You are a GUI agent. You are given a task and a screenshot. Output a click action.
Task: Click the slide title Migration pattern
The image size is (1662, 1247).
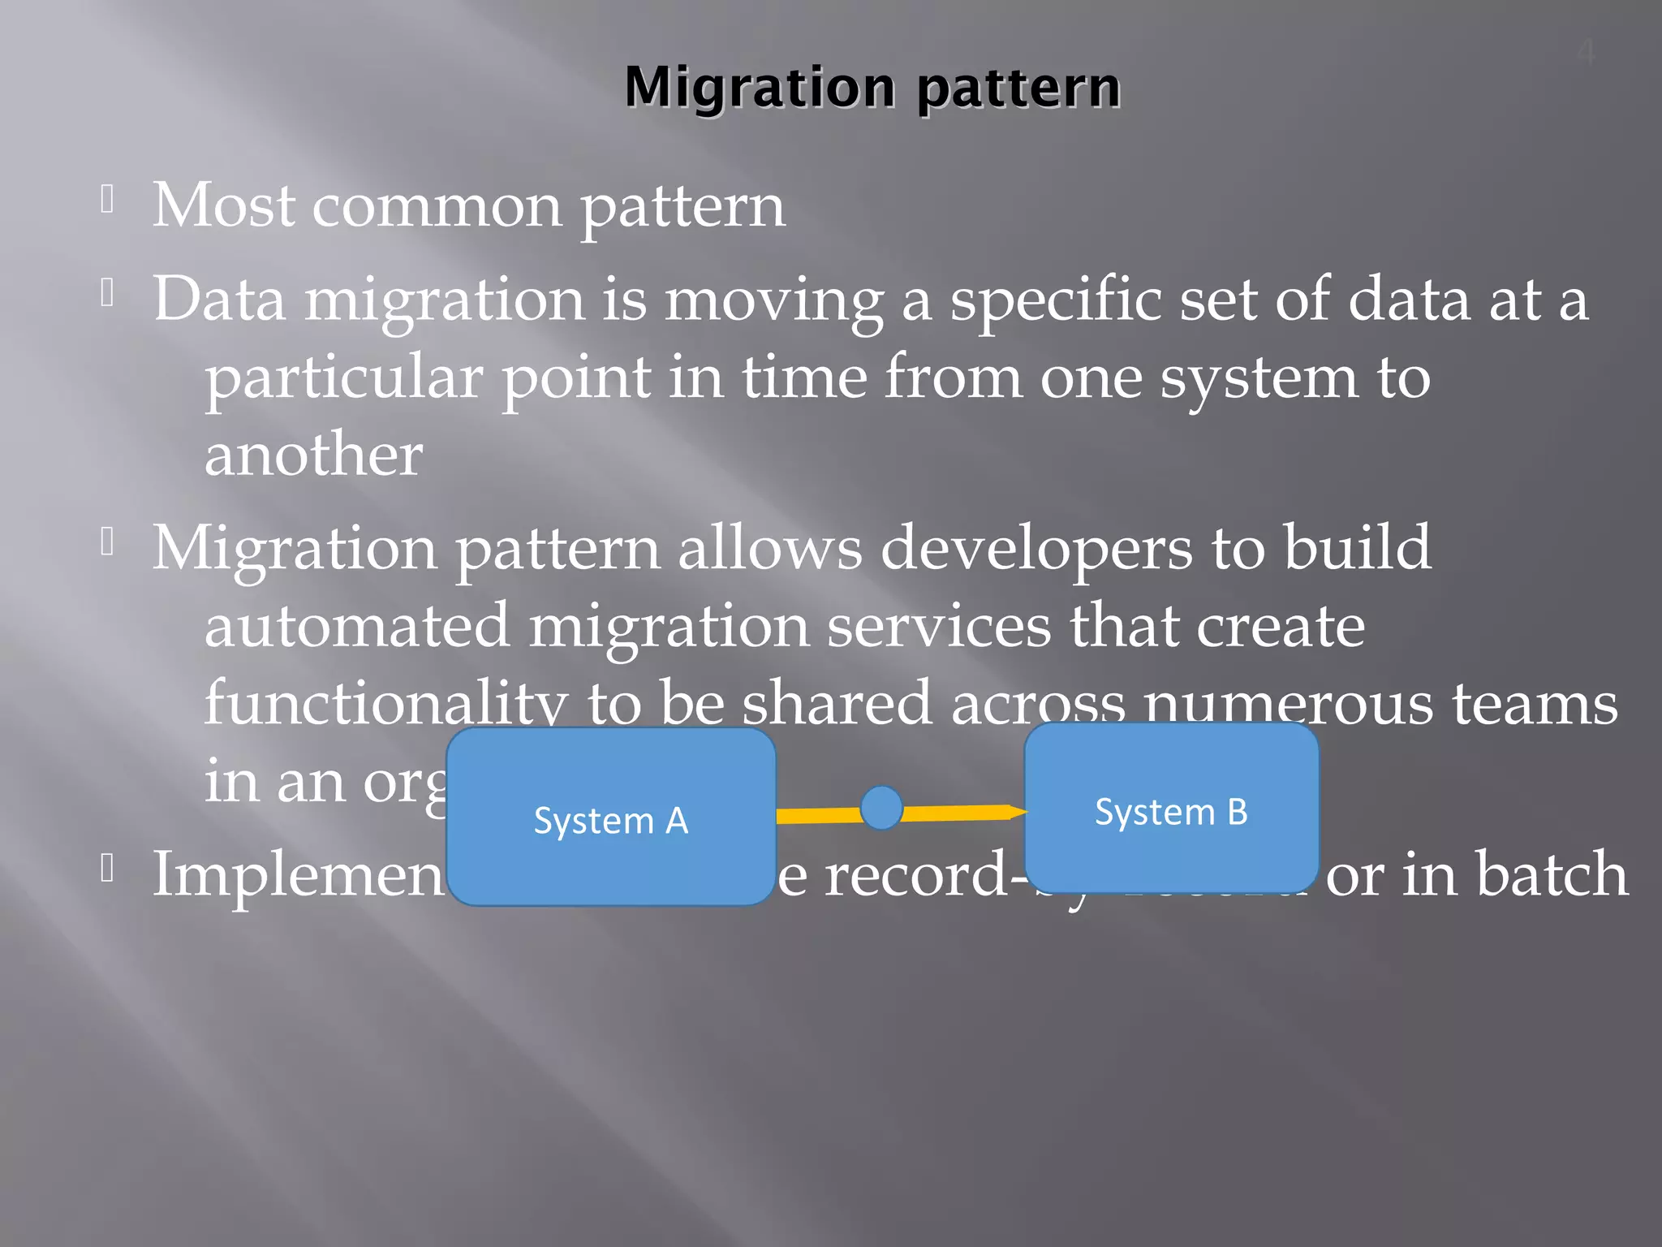point(872,87)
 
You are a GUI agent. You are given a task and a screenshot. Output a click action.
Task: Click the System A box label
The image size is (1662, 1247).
point(610,821)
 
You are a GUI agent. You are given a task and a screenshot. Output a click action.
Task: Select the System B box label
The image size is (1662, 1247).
point(1171,812)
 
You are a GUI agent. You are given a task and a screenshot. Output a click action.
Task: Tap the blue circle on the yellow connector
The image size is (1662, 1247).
point(881,808)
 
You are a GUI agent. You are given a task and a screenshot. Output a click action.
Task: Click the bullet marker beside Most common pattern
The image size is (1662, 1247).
point(107,199)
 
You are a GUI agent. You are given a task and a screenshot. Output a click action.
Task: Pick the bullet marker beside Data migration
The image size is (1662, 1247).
point(107,292)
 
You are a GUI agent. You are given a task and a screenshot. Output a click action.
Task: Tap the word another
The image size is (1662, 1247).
point(313,455)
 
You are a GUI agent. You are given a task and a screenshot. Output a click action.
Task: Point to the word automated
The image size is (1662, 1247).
point(357,627)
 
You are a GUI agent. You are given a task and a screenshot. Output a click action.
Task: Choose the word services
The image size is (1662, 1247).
point(939,627)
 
